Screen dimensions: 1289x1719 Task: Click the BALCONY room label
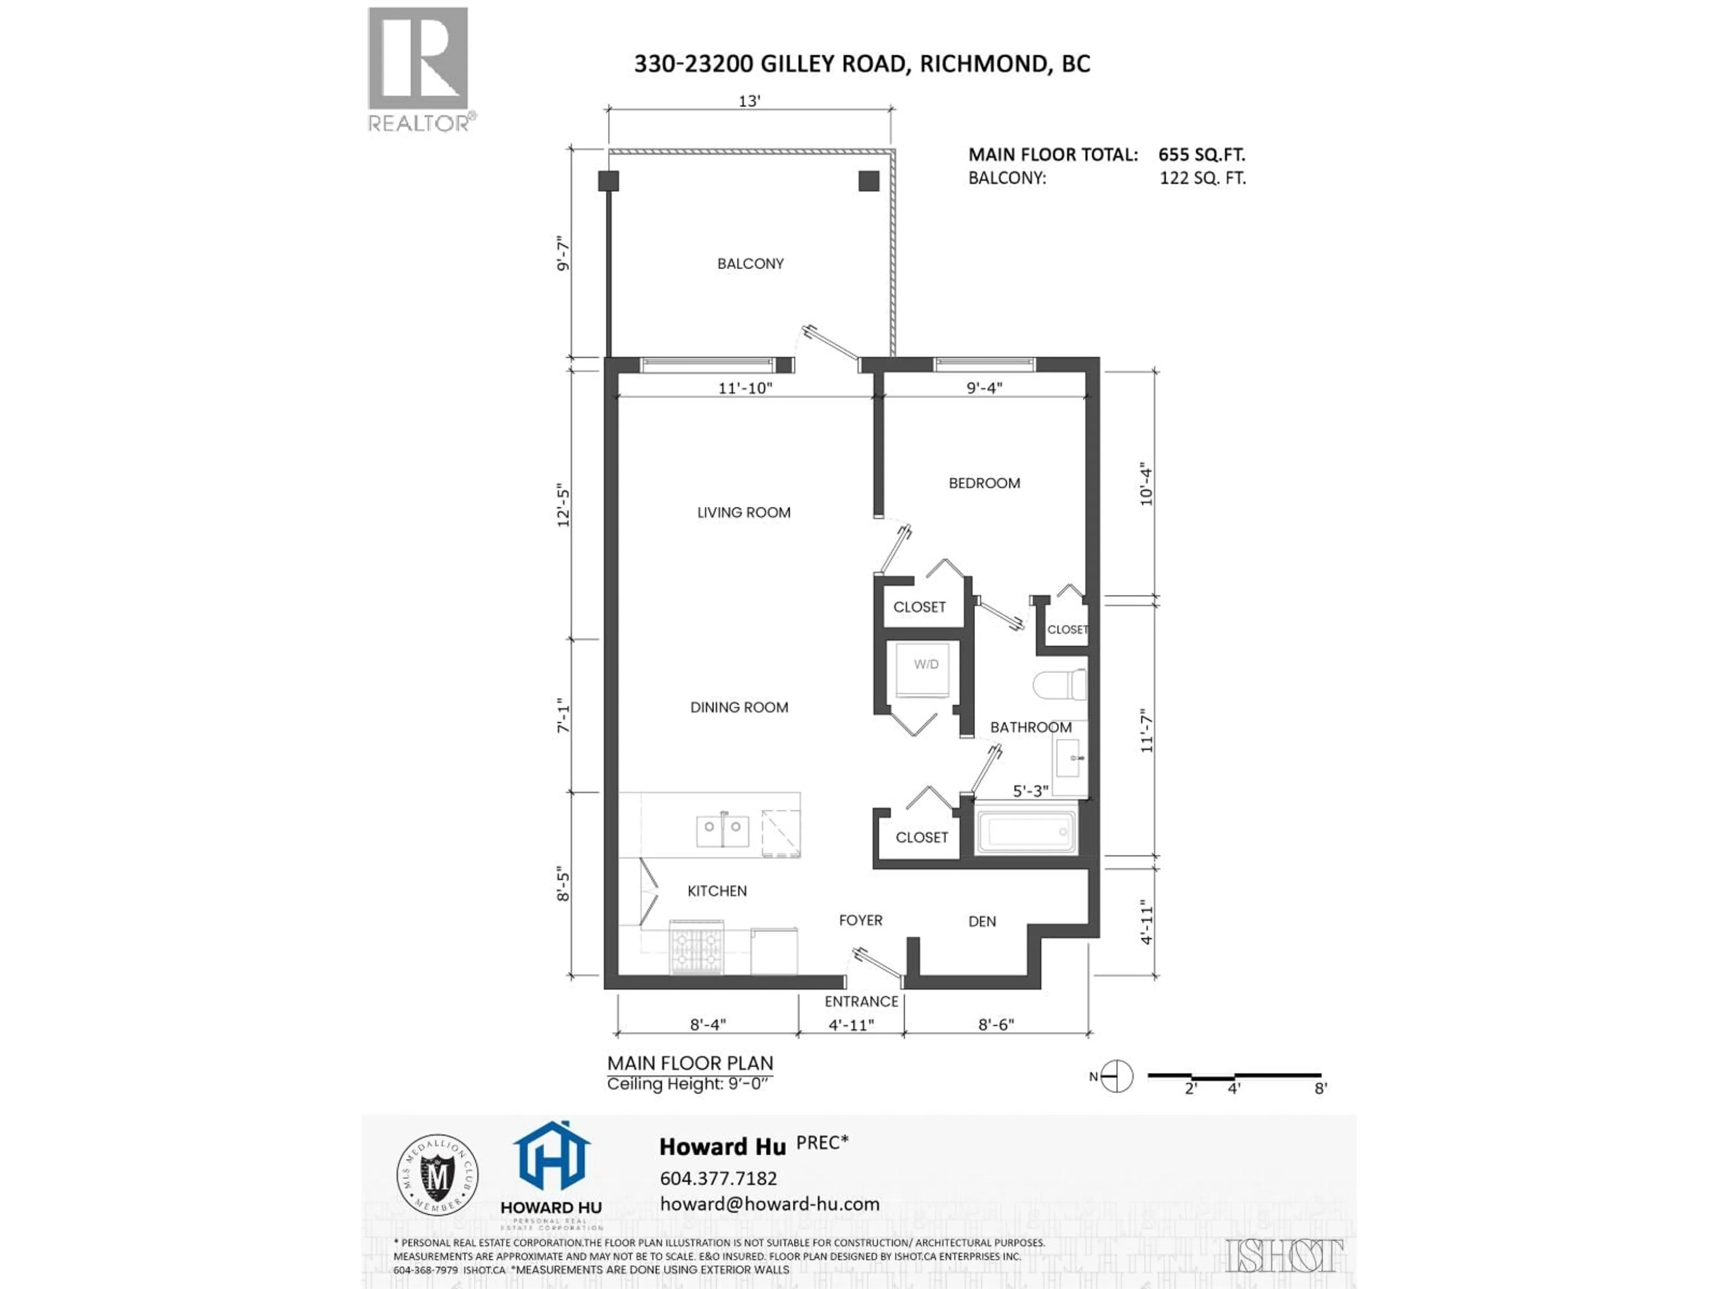(x=750, y=263)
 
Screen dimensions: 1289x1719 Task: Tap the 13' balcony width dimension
(x=749, y=101)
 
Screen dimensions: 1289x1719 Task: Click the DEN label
(x=982, y=922)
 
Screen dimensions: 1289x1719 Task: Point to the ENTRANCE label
(x=861, y=1002)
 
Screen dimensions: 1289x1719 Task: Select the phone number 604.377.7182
(x=718, y=1178)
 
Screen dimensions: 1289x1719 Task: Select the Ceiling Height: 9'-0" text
(x=687, y=1084)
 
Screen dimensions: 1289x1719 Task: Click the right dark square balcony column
(x=869, y=181)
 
